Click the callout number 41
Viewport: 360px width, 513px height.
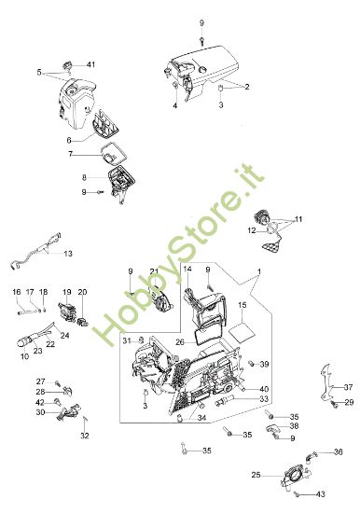[x=91, y=63]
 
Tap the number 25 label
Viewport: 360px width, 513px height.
[x=256, y=476]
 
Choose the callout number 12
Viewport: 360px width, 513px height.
[x=252, y=229]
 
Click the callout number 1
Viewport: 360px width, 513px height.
[x=258, y=271]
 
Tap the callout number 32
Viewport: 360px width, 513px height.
[x=84, y=435]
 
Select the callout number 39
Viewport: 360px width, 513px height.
[x=264, y=364]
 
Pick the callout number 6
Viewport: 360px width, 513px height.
[x=69, y=140]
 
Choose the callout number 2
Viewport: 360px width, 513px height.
[x=247, y=87]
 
